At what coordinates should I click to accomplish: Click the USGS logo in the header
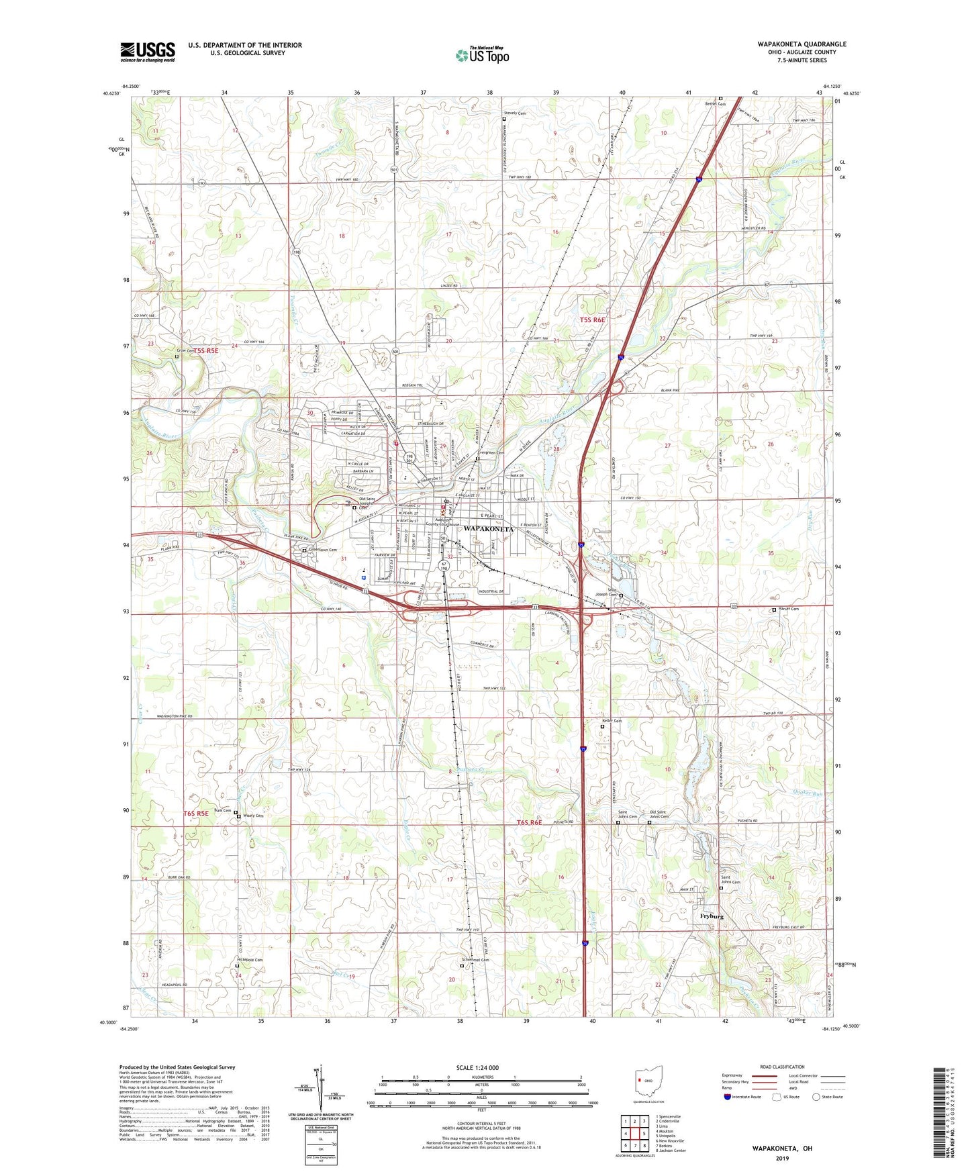(148, 52)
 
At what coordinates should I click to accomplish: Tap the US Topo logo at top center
(481, 55)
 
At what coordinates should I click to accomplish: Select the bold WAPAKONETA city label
(489, 529)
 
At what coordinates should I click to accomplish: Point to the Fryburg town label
(712, 916)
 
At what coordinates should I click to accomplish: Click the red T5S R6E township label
(592, 320)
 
